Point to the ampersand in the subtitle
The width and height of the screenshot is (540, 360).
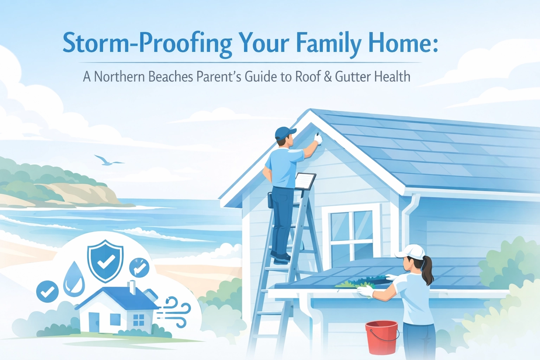328,76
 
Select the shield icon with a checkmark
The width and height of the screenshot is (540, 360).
105,260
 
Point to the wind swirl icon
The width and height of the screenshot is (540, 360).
176,311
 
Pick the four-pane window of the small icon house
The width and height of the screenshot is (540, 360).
139,320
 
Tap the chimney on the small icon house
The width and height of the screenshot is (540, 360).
133,287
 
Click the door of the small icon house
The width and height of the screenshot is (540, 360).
94,322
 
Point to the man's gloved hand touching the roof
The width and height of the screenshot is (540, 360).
318,138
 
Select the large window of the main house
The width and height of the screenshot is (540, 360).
352,234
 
